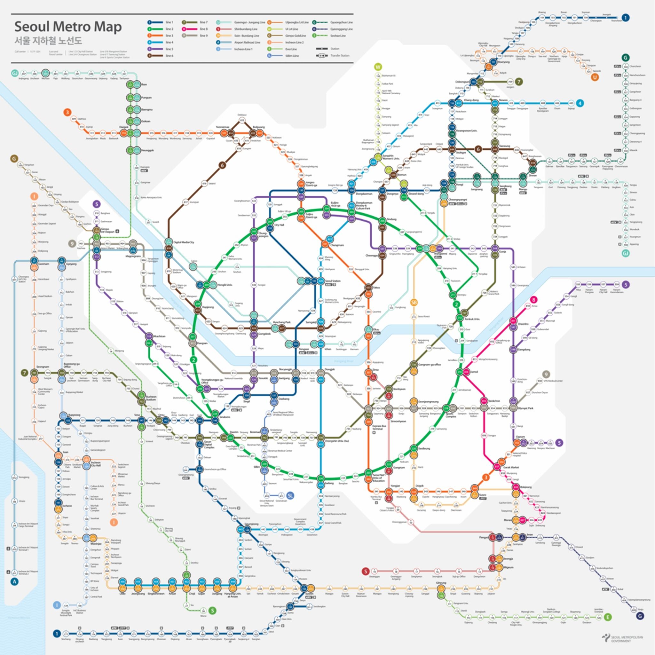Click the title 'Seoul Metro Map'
point(68,27)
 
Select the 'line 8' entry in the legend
point(203,29)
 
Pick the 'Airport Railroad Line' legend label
point(247,43)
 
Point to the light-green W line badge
point(378,67)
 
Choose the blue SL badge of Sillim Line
point(290,496)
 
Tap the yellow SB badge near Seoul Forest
point(414,303)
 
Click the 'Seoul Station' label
point(333,281)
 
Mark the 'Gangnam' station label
point(399,468)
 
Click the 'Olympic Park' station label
point(525,408)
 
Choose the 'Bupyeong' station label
point(74,414)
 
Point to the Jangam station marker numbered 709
point(510,82)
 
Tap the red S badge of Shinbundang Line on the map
point(366,571)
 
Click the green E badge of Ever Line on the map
point(608,617)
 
